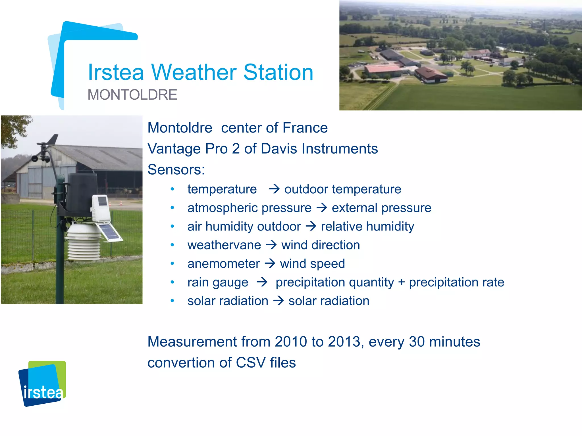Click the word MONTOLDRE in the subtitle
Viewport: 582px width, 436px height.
[x=132, y=95]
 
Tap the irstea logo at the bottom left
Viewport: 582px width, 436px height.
[x=42, y=384]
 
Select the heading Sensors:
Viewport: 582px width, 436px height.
[x=176, y=170]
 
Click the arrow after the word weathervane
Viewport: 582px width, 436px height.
[x=271, y=245]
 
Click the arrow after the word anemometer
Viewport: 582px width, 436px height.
[x=270, y=263]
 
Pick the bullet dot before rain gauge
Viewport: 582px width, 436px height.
[x=172, y=282]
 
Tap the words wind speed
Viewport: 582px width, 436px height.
[x=312, y=264]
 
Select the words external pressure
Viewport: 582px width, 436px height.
[x=381, y=208]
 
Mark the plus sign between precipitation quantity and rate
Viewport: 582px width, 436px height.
[x=401, y=282]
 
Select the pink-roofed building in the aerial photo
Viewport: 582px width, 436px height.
[x=382, y=70]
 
